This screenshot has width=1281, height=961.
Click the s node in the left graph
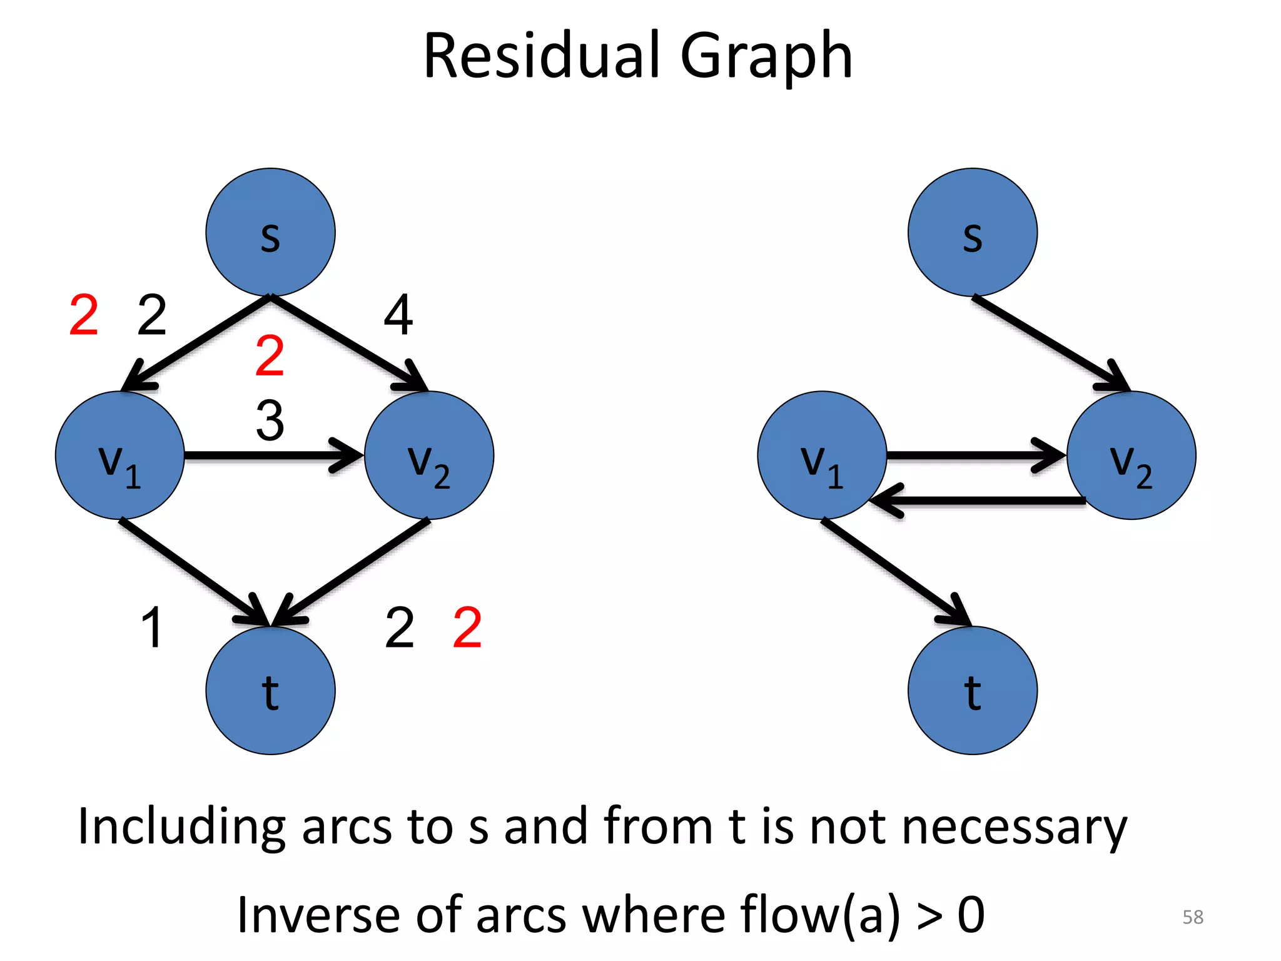pyautogui.click(x=270, y=232)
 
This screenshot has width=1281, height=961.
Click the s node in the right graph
pyautogui.click(x=972, y=232)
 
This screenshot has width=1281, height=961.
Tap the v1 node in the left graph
pyautogui.click(x=119, y=455)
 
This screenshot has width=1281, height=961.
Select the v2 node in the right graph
pyautogui.click(x=1131, y=455)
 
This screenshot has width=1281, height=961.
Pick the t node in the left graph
pyautogui.click(x=270, y=691)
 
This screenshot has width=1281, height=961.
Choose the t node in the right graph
pyautogui.click(x=972, y=691)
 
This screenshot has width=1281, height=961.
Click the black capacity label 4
pyautogui.click(x=398, y=315)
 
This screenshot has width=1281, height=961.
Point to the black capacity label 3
pyautogui.click(x=270, y=420)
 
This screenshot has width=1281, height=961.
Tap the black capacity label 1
pyautogui.click(x=152, y=627)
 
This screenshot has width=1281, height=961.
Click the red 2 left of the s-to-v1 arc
pyautogui.click(x=84, y=315)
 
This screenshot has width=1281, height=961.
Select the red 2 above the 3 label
pyautogui.click(x=270, y=355)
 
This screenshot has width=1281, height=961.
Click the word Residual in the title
pyautogui.click(x=541, y=56)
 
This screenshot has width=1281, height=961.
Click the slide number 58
pyautogui.click(x=1192, y=917)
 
